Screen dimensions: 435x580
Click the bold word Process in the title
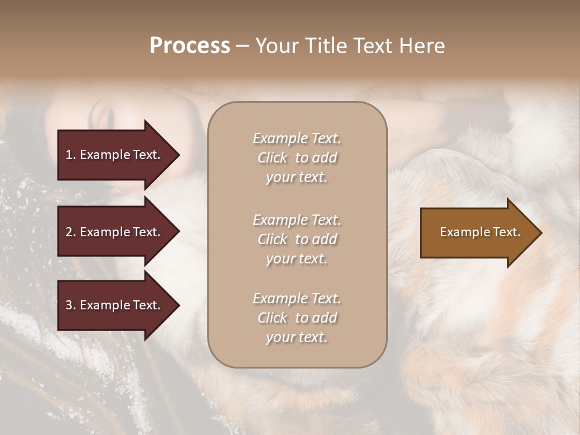(190, 46)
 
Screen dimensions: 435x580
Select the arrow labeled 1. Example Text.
(115, 155)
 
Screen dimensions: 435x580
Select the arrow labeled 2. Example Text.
(115, 232)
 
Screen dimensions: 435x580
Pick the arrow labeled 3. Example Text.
(115, 305)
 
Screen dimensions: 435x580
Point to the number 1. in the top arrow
(71, 155)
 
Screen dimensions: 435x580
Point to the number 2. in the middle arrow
(71, 232)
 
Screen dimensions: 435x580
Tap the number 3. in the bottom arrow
(71, 305)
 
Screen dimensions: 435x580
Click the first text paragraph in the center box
(297, 158)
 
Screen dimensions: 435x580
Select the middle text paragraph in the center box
(297, 239)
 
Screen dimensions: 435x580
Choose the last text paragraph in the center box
(297, 318)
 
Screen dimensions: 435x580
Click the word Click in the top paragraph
(272, 158)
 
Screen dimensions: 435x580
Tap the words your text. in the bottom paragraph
(297, 337)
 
